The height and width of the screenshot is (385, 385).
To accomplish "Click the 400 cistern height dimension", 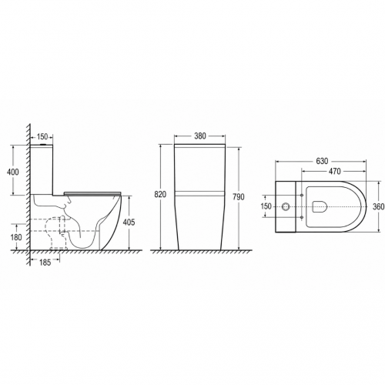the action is point(13,172).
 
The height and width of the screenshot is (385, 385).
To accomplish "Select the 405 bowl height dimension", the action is point(129,223).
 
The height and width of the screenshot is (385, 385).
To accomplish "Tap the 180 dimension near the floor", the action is point(16,237).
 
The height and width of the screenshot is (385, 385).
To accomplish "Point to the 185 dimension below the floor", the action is point(45,263).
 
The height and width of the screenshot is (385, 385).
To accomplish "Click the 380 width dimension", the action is point(200,136).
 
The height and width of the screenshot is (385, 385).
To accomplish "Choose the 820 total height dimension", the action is point(160,195).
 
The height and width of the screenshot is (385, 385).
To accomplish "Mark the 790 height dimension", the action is point(239,197).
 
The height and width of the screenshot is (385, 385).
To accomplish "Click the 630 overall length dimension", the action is point(322,161).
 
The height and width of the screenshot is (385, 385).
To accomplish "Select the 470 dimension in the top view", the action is point(334,171).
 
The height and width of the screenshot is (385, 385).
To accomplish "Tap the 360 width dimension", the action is point(379,206).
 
